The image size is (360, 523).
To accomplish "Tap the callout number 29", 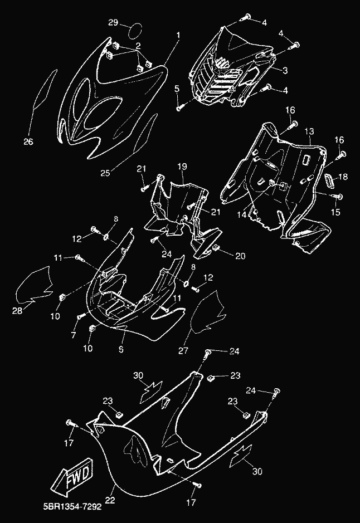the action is pos(113,23).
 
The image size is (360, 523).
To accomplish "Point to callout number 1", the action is pos(178,36).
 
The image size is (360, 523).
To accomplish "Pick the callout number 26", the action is pos(28,141).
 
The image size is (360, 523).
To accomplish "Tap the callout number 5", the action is pos(177,89).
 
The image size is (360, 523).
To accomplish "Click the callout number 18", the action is pos(343,177).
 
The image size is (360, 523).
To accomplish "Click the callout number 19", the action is pos(182,167).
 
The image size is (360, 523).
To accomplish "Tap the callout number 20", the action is pos(240,256).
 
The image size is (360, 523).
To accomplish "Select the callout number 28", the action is pos(17,311).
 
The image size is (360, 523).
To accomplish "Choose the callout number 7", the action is pos(74,335).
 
